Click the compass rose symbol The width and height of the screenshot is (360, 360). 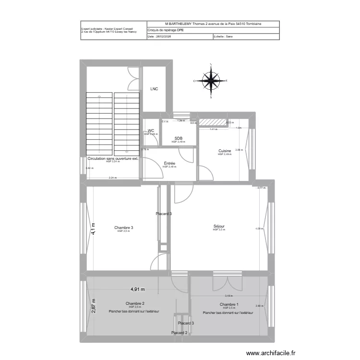point(210,81)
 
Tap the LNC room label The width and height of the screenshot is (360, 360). point(154,89)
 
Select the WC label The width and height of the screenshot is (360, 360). point(151,131)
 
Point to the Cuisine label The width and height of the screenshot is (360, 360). point(225,151)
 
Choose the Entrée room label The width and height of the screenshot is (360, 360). point(169,164)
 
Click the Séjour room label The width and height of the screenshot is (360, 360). point(219,227)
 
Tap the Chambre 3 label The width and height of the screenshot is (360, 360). point(123,228)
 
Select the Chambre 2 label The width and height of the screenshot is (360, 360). point(135,303)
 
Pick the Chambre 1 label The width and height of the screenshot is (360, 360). point(229,304)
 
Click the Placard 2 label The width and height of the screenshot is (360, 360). point(180,333)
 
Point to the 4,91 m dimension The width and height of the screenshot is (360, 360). point(138,289)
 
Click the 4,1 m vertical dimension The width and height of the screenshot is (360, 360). point(94,228)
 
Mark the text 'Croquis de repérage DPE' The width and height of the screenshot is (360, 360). point(166,30)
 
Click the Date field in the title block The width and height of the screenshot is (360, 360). point(159,36)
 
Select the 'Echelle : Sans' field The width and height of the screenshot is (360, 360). point(223,36)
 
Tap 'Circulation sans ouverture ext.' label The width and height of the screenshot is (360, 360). point(113,158)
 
